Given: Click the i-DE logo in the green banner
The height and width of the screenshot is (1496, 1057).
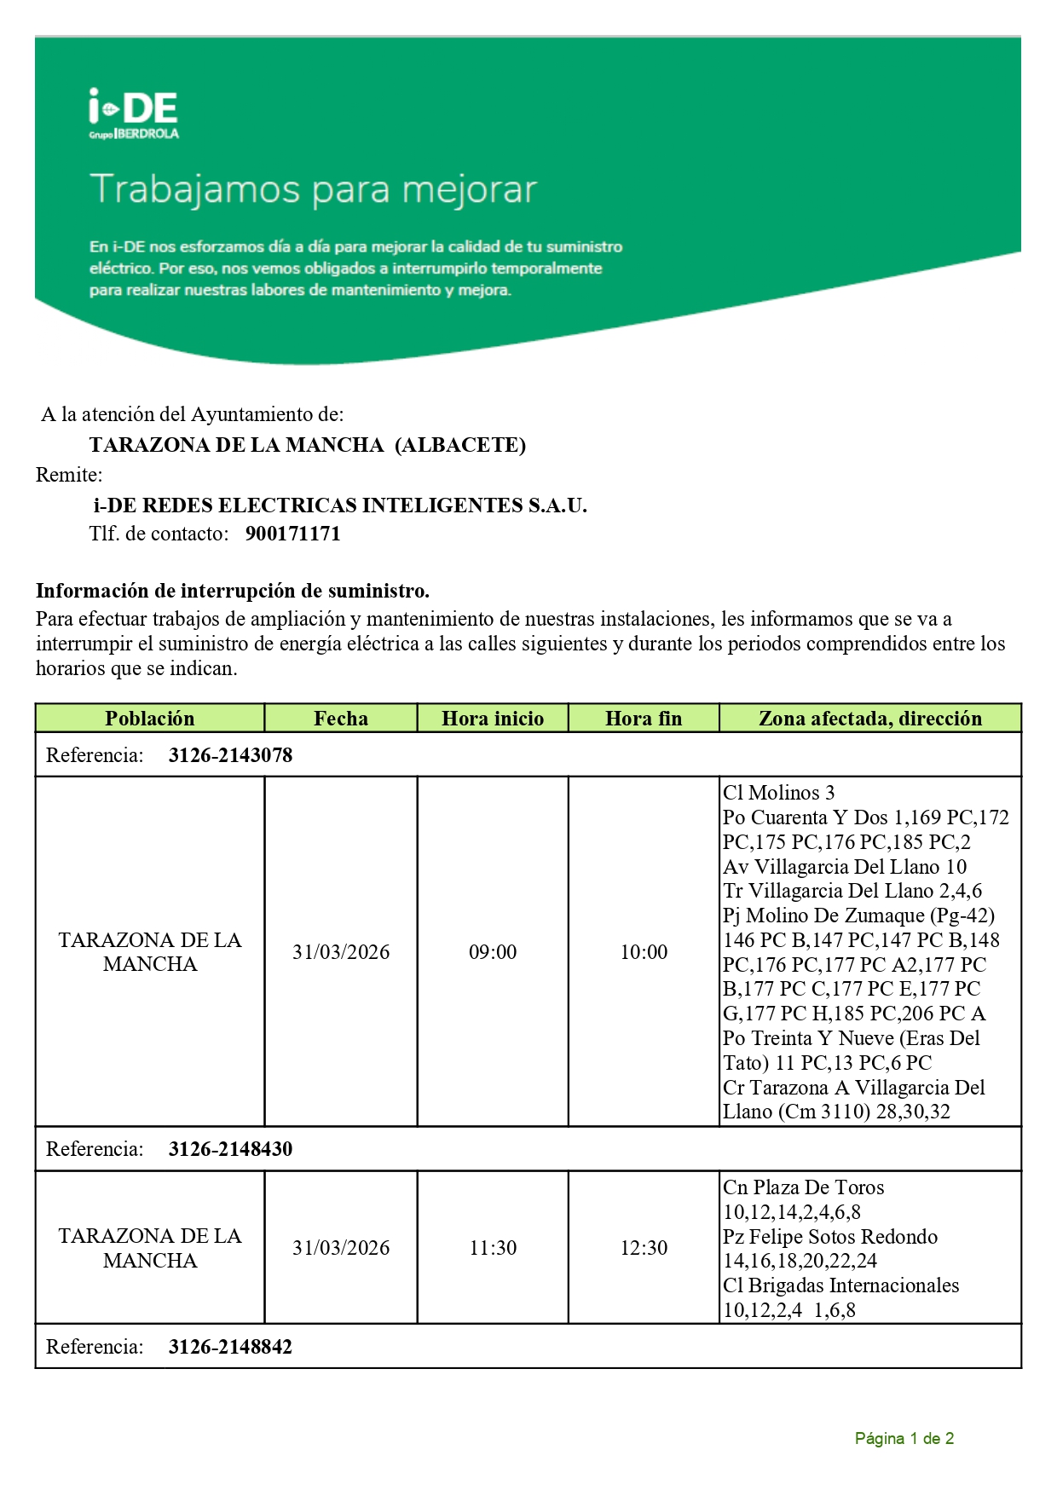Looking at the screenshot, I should point(134,113).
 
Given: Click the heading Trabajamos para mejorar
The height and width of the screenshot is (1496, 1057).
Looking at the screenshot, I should point(314,189).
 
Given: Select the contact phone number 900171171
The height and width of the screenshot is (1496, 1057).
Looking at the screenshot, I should point(292,534).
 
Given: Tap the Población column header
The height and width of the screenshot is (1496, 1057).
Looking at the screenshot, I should point(150,719).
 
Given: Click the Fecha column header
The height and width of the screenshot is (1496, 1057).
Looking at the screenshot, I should point(341,719).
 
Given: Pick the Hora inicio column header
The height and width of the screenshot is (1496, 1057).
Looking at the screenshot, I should point(493,719).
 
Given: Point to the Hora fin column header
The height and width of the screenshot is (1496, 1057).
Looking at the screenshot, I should point(644,719).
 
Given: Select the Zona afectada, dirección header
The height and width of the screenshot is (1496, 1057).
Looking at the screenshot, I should point(870,719).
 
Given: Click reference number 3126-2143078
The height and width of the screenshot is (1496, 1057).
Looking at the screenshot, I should point(230,755).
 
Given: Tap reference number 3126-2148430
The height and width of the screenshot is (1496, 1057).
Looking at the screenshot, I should point(230,1149).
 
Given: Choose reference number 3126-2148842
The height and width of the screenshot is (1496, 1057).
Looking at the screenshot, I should point(230,1347).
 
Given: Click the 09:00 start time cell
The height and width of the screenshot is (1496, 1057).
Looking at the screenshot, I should point(493,952).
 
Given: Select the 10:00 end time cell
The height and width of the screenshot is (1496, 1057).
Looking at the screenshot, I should point(644,952).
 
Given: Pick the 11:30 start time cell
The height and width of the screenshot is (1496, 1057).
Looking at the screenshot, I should point(493,1248).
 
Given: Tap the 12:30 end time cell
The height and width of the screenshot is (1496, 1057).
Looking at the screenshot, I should point(644,1248).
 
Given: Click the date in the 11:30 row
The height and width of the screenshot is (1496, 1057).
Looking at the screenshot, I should point(341,1248).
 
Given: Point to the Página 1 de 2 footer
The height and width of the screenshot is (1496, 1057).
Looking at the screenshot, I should point(904,1439).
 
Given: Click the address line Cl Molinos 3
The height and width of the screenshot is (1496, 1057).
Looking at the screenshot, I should point(778,793).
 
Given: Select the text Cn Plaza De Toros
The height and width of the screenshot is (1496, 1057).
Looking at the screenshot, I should point(803,1187).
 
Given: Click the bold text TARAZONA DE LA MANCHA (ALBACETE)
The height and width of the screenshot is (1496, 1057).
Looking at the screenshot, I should point(308,445).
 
